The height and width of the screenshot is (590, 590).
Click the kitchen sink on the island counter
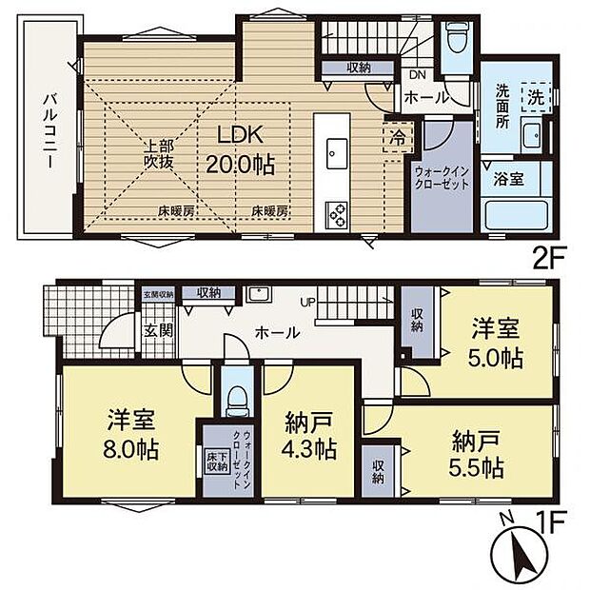pos(338,150)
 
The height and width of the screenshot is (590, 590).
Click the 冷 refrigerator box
pos(395,136)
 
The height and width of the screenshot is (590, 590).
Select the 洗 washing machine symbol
pos(537,96)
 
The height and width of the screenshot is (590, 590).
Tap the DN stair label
pos(416,75)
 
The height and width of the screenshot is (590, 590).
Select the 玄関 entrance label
pos(157,332)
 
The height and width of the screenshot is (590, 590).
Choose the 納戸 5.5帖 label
pos(476,456)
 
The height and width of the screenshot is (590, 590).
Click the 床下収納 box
pos(215,462)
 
